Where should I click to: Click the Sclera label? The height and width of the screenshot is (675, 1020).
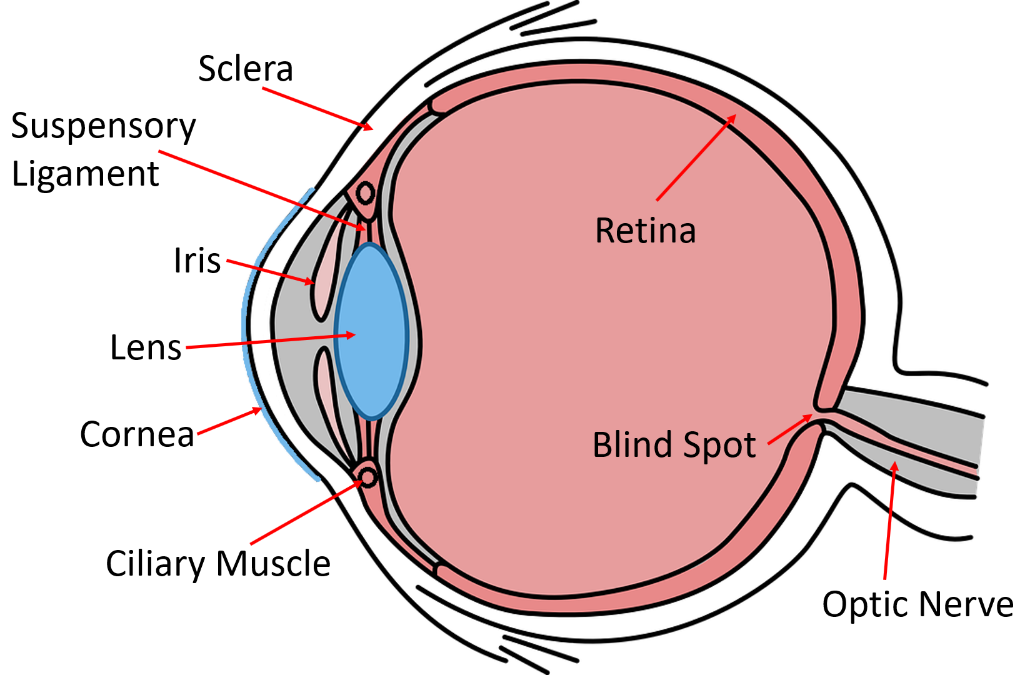click(246, 69)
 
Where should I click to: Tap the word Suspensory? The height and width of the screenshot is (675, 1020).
click(104, 127)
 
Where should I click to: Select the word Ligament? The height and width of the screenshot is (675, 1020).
click(86, 174)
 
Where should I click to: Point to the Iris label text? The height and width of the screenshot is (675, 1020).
click(197, 261)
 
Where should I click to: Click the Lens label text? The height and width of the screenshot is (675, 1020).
click(146, 347)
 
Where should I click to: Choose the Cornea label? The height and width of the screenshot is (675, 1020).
click(137, 434)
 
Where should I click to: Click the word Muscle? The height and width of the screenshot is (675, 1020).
click(274, 564)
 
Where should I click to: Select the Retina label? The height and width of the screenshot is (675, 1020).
click(646, 231)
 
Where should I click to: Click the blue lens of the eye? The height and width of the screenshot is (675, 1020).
click(371, 331)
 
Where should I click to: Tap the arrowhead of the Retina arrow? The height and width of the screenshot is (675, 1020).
click(732, 118)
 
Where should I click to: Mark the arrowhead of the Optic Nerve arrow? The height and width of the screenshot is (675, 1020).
click(895, 466)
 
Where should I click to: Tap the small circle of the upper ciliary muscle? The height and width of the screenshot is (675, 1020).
click(366, 193)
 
